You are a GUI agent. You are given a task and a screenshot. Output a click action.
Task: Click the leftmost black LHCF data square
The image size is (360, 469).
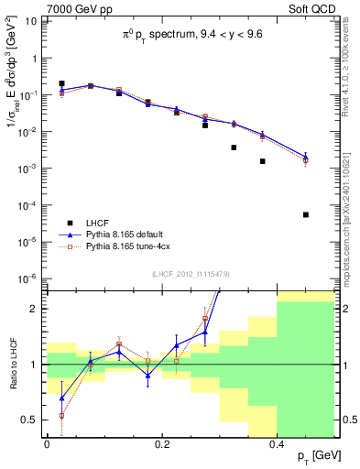tap(61, 83)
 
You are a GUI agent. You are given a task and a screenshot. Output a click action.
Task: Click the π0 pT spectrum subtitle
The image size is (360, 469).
tap(193, 35)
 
